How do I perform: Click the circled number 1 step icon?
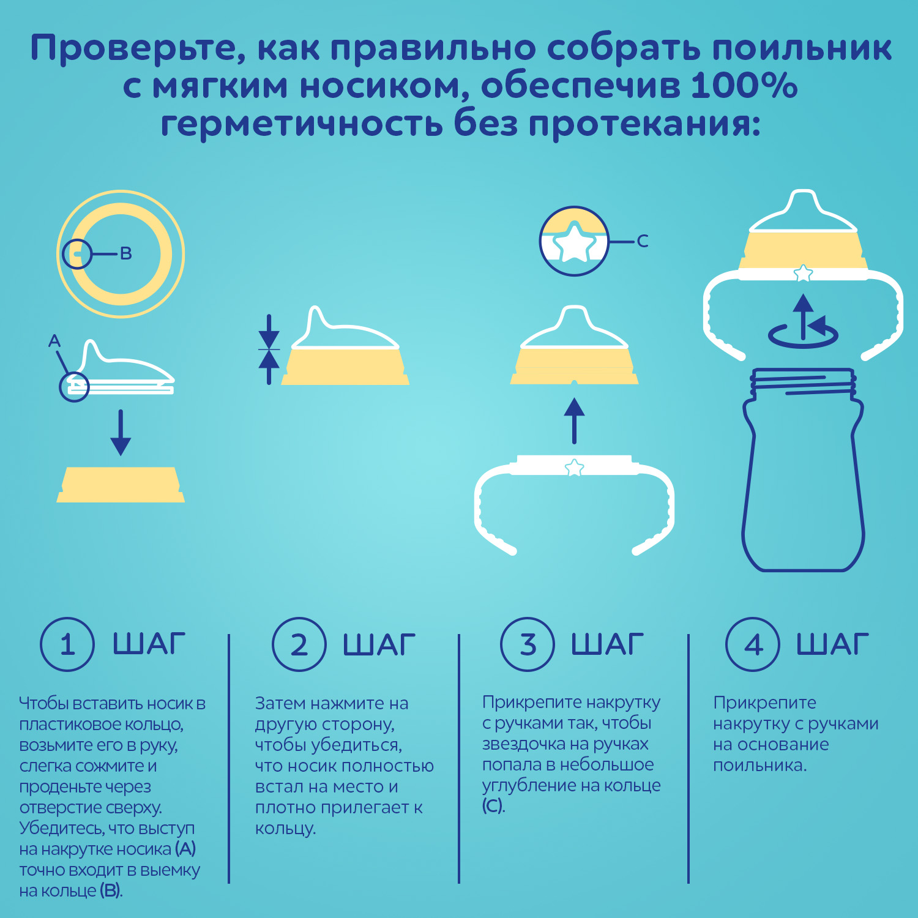coord(67,644)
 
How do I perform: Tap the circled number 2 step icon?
coord(299,644)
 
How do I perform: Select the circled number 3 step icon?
coord(528,644)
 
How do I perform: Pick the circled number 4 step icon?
coord(753,644)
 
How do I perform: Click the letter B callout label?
coord(126,253)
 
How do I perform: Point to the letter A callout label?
coord(54,341)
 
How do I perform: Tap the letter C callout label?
coord(642,241)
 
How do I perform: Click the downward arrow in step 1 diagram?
coord(121,433)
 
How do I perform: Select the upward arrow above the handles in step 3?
coord(574,420)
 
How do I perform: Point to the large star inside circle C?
coord(574,243)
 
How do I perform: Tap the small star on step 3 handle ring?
coord(574,468)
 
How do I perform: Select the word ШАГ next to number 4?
coord(832,644)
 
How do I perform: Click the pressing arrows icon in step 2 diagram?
coord(269,349)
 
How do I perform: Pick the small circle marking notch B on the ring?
coord(76,253)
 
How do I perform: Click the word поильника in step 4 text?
coord(759,766)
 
